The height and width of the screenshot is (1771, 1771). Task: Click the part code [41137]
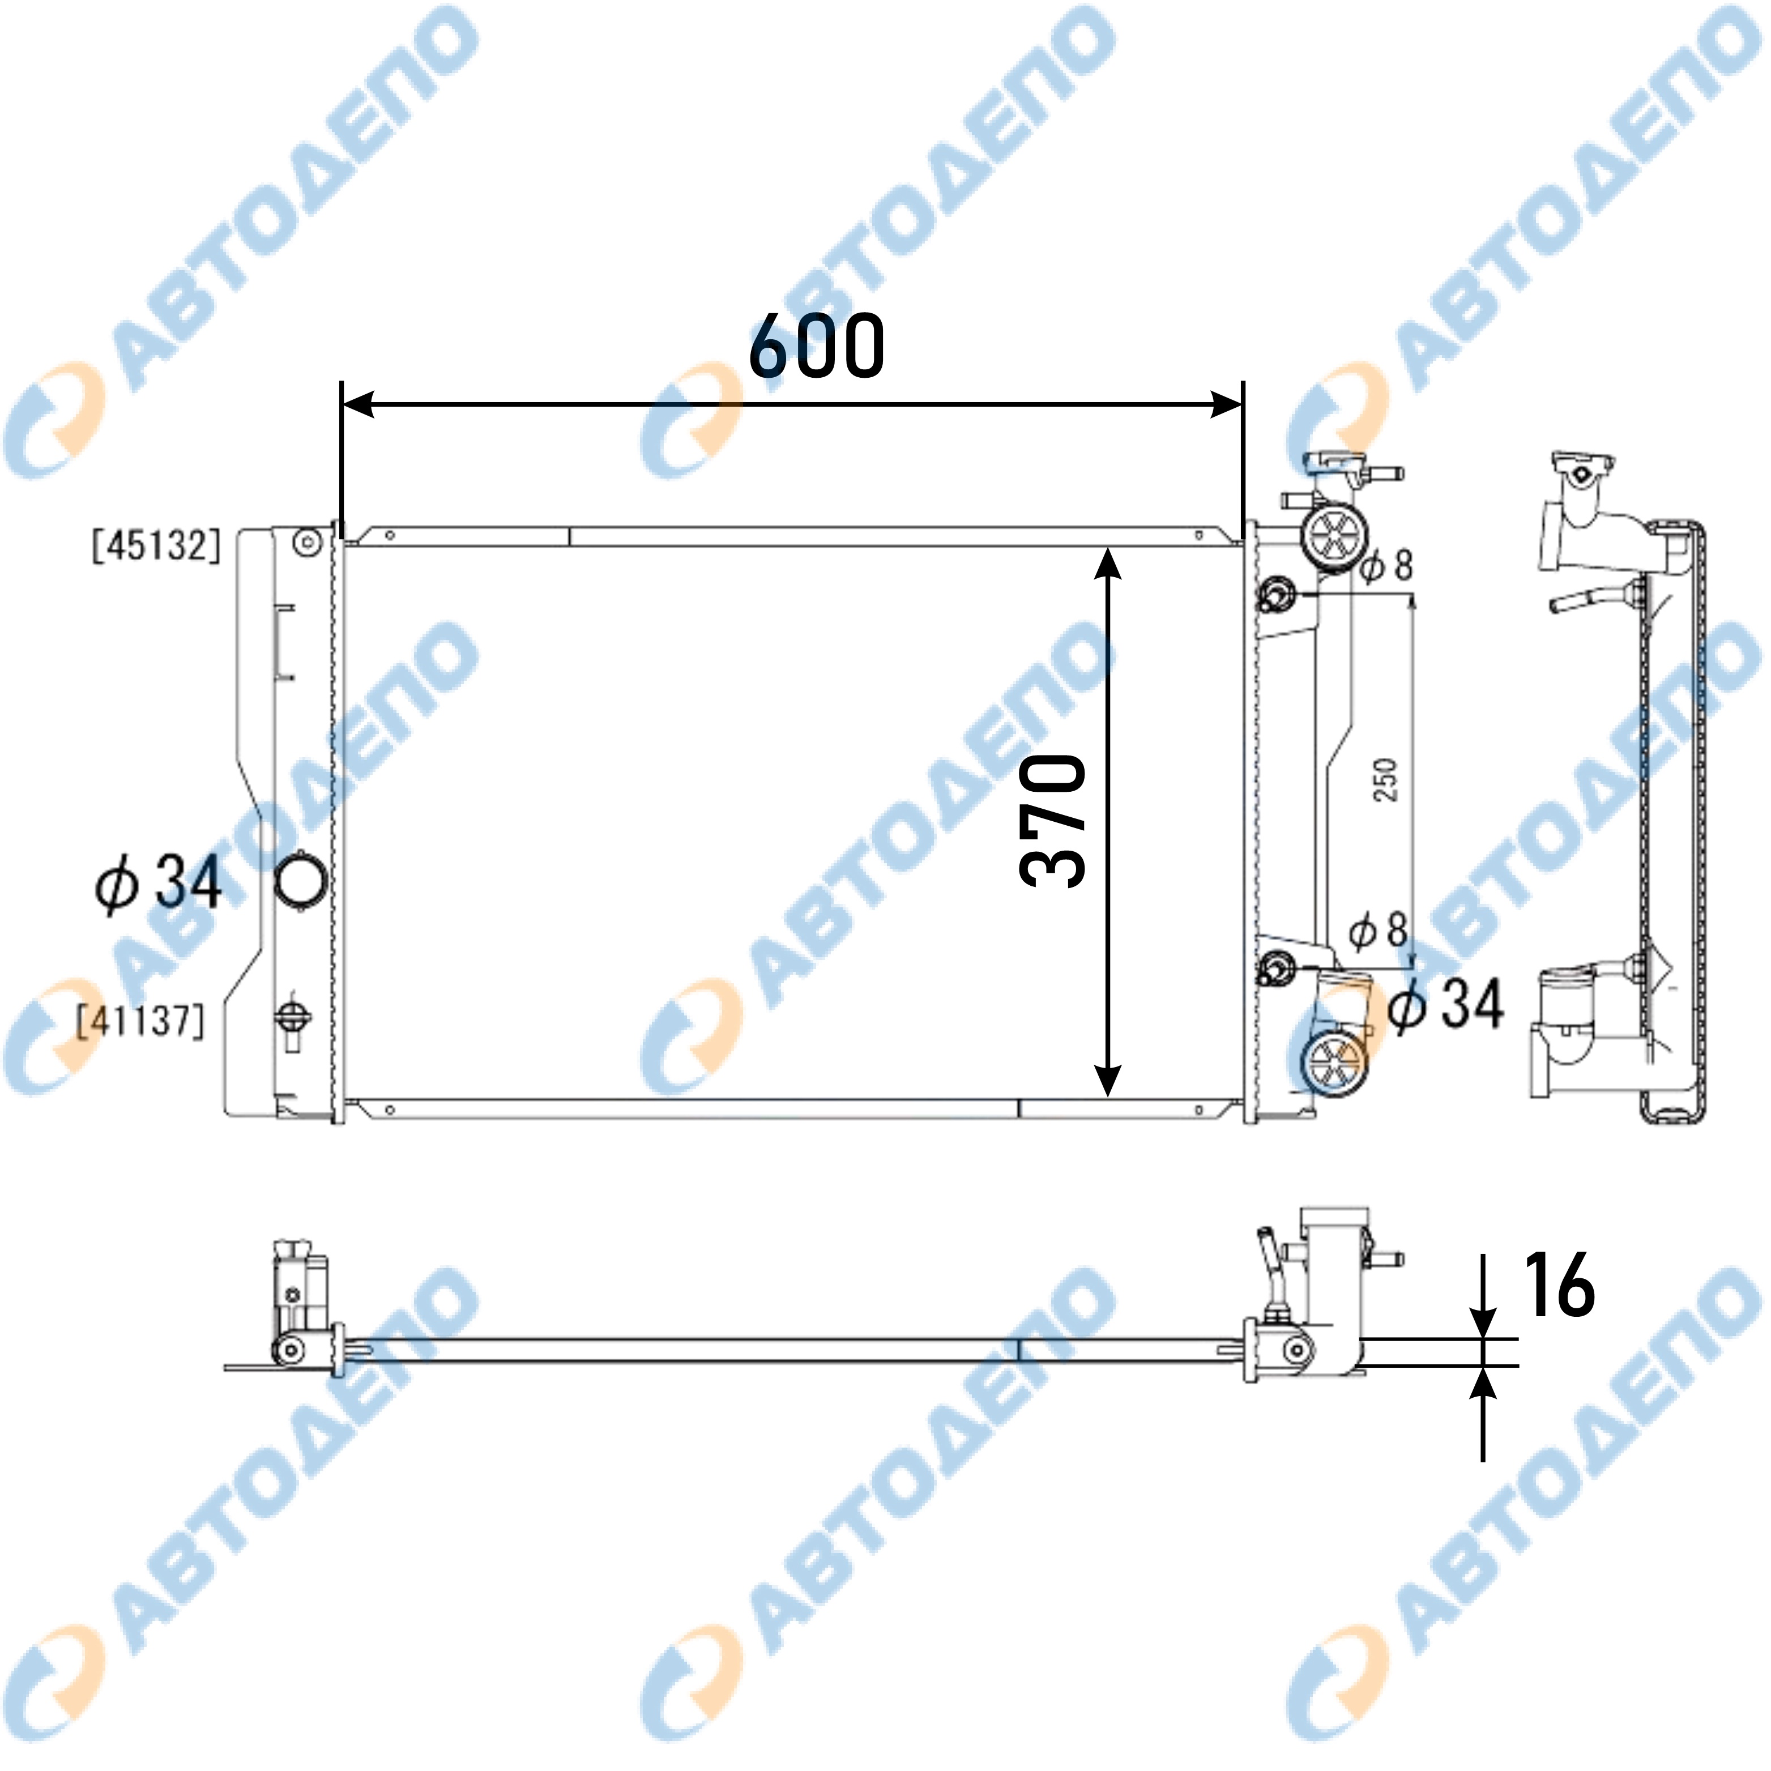pos(140,1020)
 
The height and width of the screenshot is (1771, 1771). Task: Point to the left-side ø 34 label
pos(159,883)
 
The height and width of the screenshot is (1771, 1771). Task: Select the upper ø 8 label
pos(1386,566)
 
